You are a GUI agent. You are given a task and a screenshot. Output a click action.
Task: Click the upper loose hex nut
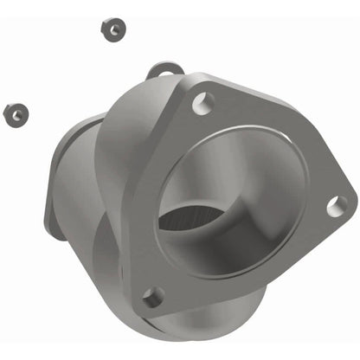tap(111, 29)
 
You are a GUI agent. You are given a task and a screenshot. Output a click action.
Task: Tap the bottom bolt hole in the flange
tap(151, 297)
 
